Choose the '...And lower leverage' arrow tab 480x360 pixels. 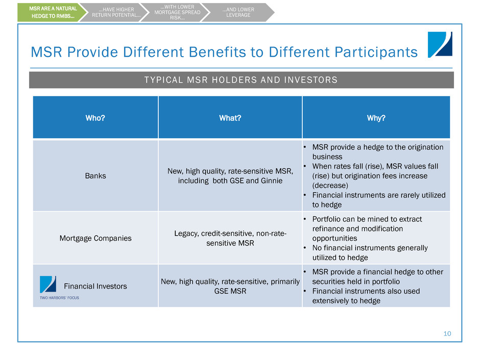[x=238, y=12]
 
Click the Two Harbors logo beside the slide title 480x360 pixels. [x=440, y=45]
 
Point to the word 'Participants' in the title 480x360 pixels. [x=376, y=52]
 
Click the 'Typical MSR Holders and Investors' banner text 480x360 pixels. [x=241, y=80]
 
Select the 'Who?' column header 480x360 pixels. [x=95, y=118]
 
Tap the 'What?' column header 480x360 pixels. [x=230, y=118]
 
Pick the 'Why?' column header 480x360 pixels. [x=376, y=118]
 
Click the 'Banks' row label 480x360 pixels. [x=95, y=176]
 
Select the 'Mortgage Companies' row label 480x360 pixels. [x=95, y=238]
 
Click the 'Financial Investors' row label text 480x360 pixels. [x=95, y=286]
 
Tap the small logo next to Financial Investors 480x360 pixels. [x=48, y=284]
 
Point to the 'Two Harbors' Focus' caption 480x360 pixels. [x=59, y=298]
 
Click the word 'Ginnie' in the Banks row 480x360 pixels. [x=272, y=181]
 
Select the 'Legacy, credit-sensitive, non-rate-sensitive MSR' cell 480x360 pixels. [x=230, y=238]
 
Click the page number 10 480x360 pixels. [x=447, y=333]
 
